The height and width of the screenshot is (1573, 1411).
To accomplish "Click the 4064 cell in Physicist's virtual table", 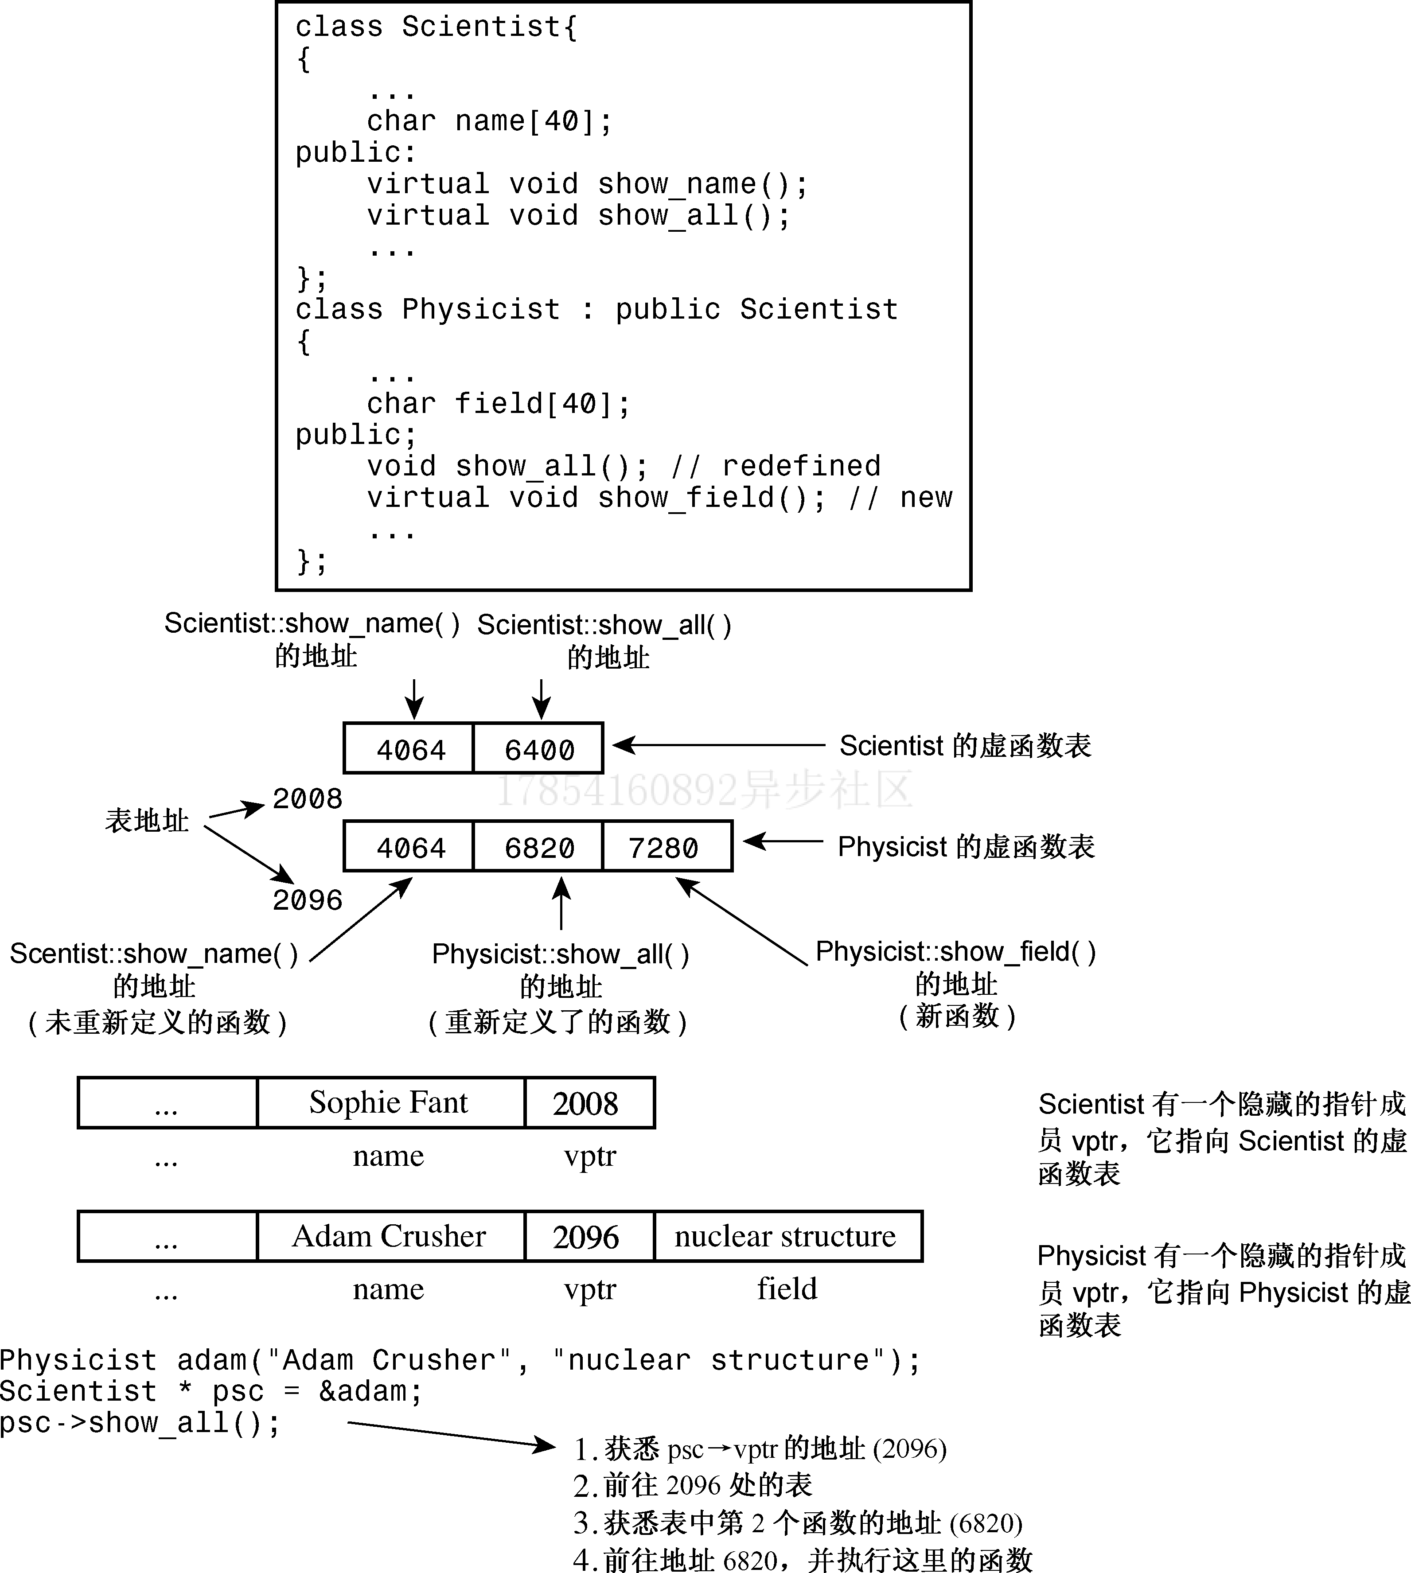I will pos(409,847).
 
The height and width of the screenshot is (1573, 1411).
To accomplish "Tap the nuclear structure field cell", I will pos(787,1236).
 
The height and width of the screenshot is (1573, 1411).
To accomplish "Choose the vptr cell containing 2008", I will pos(588,1102).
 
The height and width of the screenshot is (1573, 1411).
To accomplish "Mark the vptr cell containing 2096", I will pos(588,1236).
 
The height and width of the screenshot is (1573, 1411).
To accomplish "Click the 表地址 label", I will pos(147,820).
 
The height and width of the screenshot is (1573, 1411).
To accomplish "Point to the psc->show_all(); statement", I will pos(140,1423).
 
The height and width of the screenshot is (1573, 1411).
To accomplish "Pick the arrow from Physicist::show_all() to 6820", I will pos(561,903).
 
